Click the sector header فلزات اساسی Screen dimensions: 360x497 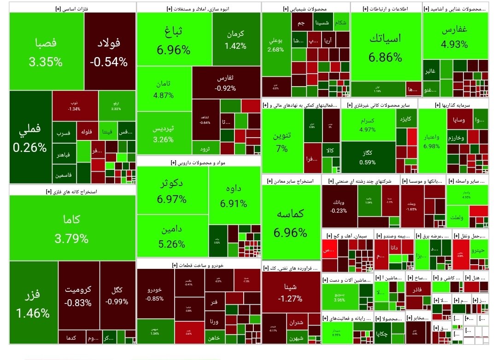73,8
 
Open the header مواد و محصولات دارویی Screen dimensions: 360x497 199,162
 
